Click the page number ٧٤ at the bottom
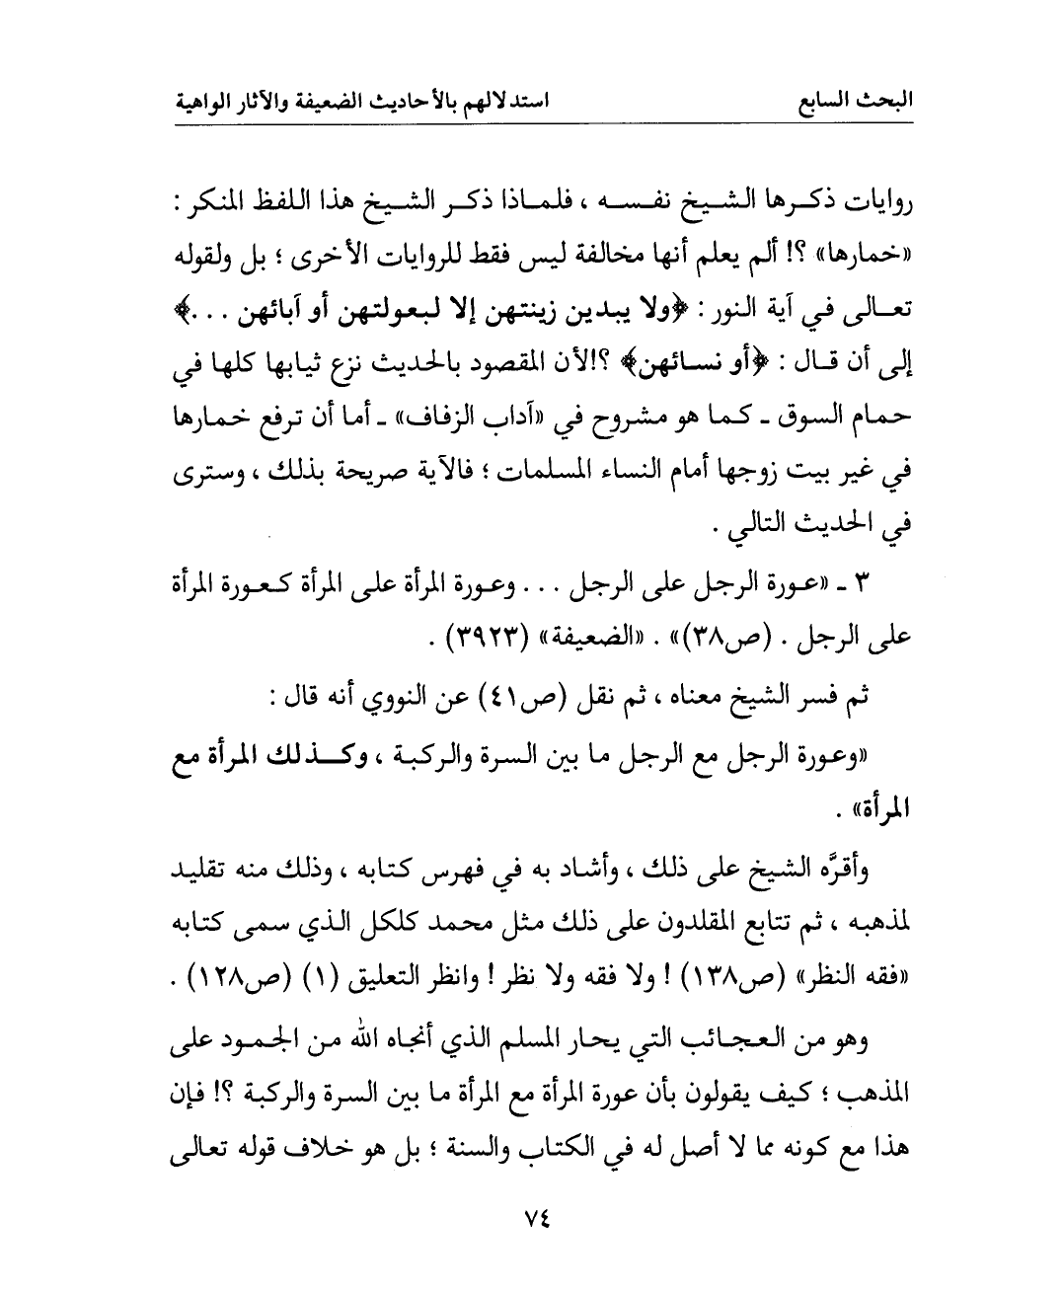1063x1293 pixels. pyautogui.click(x=533, y=1218)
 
